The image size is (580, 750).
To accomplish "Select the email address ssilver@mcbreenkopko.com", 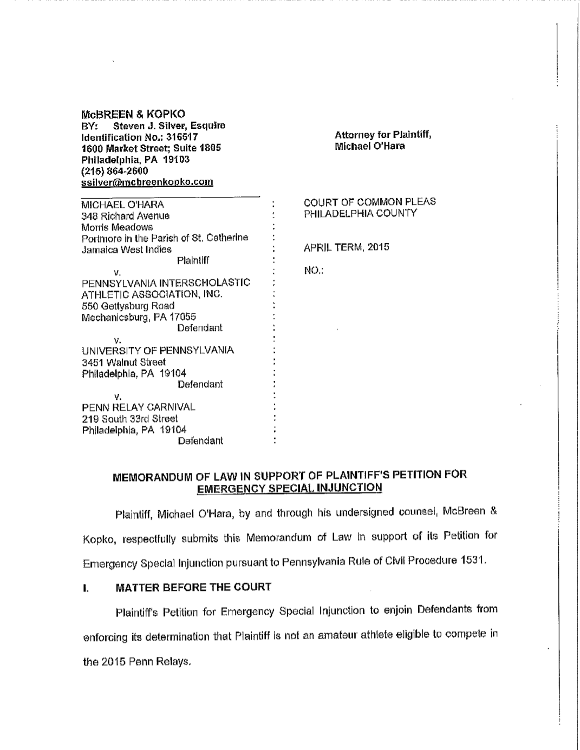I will tap(147, 182).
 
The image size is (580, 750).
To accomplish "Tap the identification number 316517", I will tap(183, 137).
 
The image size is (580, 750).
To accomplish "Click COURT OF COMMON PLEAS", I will tap(369, 202).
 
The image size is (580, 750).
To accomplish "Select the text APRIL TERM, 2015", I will tap(346, 247).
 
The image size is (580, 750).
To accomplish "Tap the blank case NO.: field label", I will tap(314, 270).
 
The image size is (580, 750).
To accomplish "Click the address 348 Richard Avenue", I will tap(125, 216).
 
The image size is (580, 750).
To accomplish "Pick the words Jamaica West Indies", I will tap(126, 249).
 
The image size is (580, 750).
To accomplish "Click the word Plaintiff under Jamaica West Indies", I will tap(193, 261).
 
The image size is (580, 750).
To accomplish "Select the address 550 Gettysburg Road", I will tap(128, 306).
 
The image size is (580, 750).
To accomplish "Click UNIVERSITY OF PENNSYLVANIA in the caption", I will tap(158, 351).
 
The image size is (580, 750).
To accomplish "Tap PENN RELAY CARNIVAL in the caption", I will tap(138, 407).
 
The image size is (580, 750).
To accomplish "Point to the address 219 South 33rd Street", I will tap(129, 418).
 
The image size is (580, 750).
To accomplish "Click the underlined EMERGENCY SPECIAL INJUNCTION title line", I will tap(289, 488).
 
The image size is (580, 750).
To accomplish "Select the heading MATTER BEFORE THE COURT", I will tap(193, 587).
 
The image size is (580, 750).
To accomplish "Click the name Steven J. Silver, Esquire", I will tap(169, 126).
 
